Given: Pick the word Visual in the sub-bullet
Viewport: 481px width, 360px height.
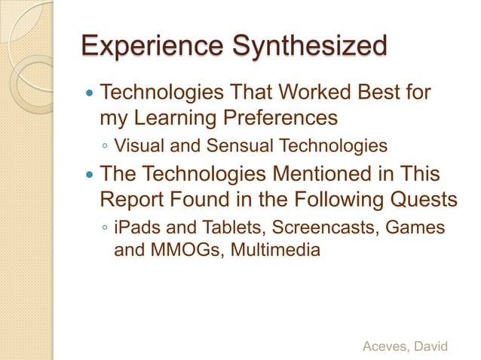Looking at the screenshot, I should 136,145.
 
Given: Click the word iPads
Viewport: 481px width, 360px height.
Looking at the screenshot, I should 136,227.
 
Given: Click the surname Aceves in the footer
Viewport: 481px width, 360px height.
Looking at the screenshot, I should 386,346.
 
